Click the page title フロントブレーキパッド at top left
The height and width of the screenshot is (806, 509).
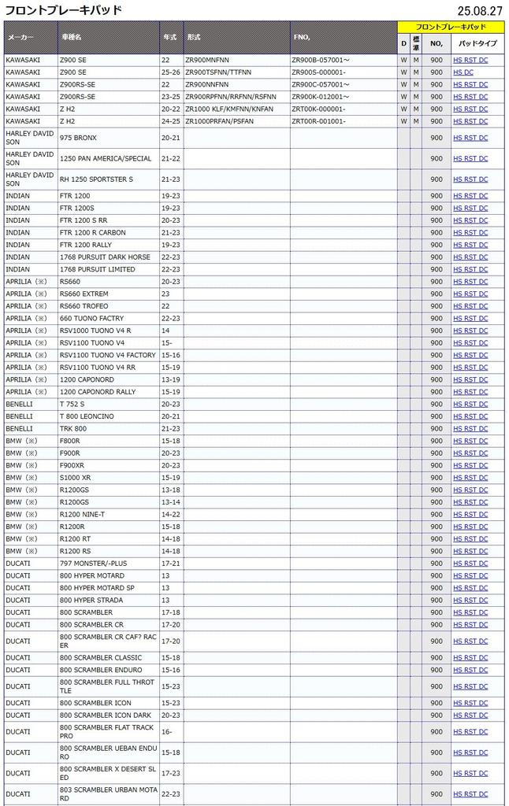pos(64,10)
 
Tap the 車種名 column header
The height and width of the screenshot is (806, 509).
pos(71,38)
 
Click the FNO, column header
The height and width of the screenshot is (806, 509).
pos(302,38)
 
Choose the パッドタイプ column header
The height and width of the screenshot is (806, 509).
pos(477,43)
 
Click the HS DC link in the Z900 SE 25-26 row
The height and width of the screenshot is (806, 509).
pos(463,72)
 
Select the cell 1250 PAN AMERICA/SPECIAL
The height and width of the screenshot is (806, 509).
pos(106,159)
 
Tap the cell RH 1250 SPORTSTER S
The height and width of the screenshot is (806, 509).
pos(96,179)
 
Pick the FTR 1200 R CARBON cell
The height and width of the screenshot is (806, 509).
pos(92,233)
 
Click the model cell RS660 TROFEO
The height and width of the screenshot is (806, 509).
pos(84,306)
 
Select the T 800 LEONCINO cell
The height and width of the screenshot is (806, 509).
pos(87,416)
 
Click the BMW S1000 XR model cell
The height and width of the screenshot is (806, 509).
pos(75,478)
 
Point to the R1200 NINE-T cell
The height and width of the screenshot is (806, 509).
pos(83,514)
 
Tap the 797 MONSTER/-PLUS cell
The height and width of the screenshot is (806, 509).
pos(93,564)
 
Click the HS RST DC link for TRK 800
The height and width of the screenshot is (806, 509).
pos(470,429)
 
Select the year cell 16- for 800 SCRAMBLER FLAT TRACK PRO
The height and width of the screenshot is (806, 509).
pos(166,732)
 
